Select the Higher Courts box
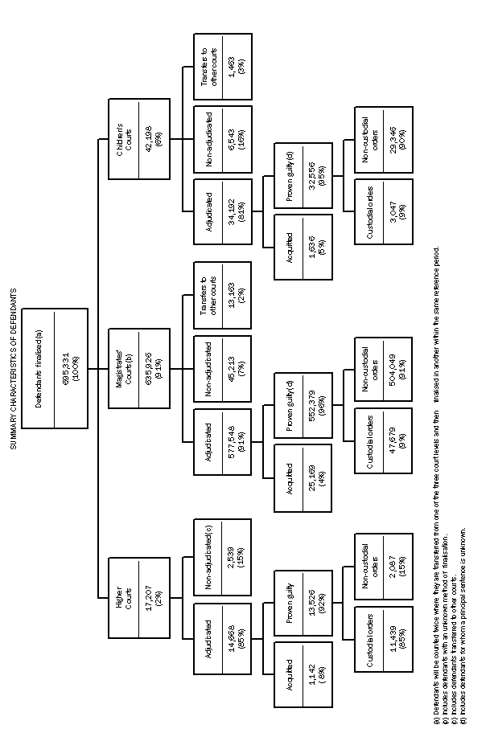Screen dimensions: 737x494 [140, 596]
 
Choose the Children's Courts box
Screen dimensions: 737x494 [140, 138]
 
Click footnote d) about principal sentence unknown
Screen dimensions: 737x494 [464, 618]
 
